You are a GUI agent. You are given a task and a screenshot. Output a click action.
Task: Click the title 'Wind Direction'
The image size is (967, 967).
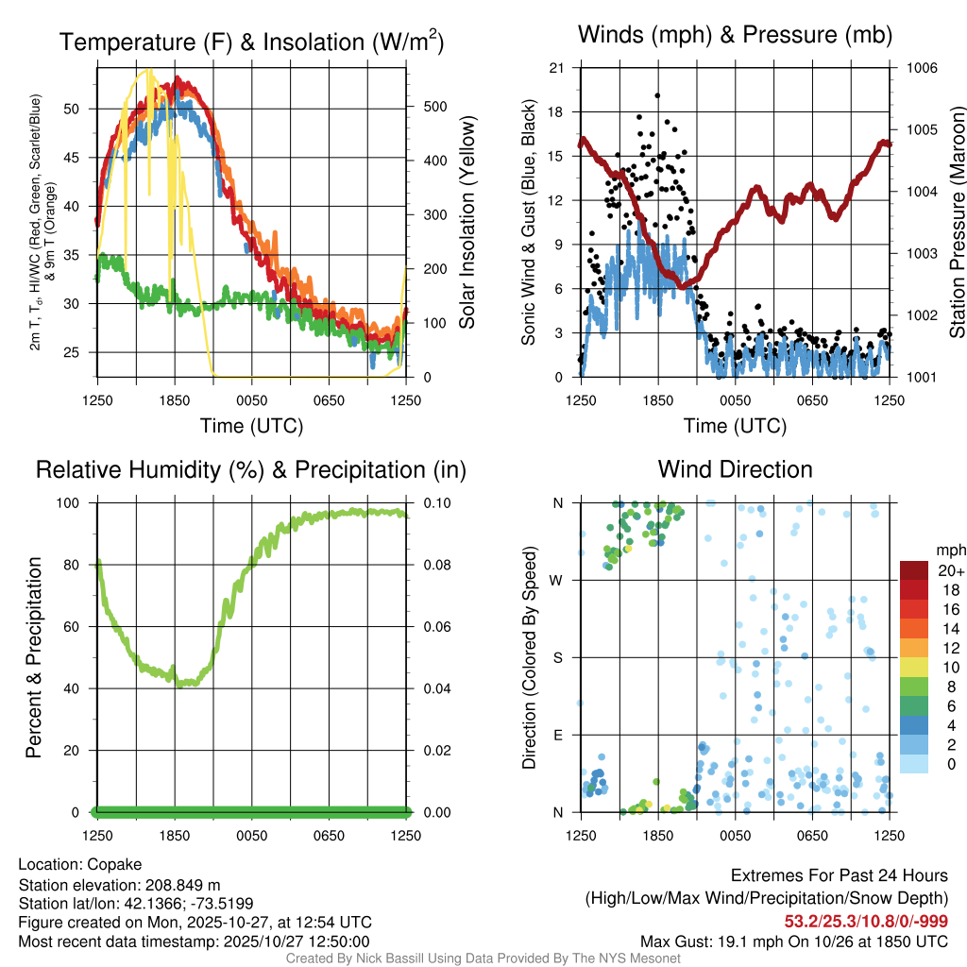[x=735, y=469]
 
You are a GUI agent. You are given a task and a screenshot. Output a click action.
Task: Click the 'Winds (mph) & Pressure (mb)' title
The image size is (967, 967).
[x=735, y=36]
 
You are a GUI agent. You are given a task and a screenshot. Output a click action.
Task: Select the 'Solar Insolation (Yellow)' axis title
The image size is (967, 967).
[x=467, y=223]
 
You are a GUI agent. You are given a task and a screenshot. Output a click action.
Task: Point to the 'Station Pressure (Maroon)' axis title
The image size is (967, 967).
[x=956, y=223]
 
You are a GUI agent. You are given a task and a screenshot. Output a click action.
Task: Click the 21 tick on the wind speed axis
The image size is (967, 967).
[x=556, y=68]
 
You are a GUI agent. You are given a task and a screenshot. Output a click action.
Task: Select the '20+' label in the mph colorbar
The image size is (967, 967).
[x=950, y=570]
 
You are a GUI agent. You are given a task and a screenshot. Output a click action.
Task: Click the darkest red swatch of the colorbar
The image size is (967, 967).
[x=914, y=570]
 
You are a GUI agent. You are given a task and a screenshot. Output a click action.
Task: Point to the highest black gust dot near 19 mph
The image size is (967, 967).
[x=657, y=95]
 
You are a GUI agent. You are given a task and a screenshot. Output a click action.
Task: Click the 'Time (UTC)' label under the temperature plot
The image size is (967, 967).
[x=251, y=426]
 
